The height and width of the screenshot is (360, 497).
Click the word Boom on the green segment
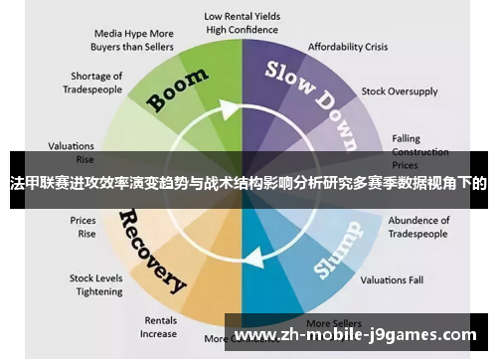coord(179,89)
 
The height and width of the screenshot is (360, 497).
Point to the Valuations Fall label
coord(391,280)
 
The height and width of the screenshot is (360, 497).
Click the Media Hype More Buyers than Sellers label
coord(133,39)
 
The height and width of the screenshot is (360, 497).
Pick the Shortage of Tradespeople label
coord(96,82)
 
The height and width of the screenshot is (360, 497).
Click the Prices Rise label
coord(83,227)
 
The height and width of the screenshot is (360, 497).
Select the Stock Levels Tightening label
coord(95,285)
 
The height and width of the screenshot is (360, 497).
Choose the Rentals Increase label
coord(158,327)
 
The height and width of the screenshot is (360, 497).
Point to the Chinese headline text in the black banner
coord(248,183)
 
